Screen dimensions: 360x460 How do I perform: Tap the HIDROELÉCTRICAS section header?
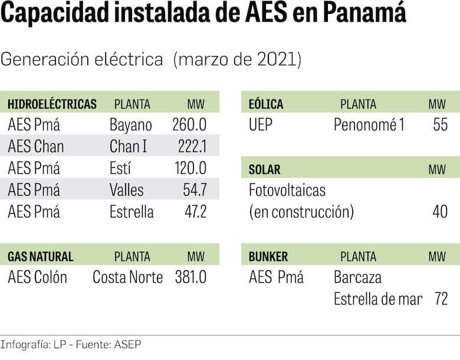52,104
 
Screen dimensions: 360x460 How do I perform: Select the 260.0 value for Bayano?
189,125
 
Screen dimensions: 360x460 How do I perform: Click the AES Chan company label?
36,146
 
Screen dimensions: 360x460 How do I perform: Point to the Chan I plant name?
128,146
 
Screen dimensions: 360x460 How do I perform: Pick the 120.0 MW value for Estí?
189,168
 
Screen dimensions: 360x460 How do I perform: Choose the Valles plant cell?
126,190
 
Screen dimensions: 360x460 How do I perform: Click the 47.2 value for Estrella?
195,212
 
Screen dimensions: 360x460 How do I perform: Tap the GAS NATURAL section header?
41,257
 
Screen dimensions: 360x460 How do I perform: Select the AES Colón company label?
38,277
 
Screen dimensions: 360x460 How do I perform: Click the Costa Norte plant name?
127,277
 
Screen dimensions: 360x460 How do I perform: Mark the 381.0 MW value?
190,277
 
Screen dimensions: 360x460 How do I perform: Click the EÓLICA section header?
266,104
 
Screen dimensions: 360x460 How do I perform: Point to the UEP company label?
261,125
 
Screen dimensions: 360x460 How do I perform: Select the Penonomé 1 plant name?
369,125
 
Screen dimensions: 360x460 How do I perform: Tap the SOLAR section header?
265,170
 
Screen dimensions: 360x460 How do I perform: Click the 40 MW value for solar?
440,212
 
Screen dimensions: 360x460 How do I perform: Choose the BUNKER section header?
268,257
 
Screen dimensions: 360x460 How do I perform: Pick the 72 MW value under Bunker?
441,299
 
